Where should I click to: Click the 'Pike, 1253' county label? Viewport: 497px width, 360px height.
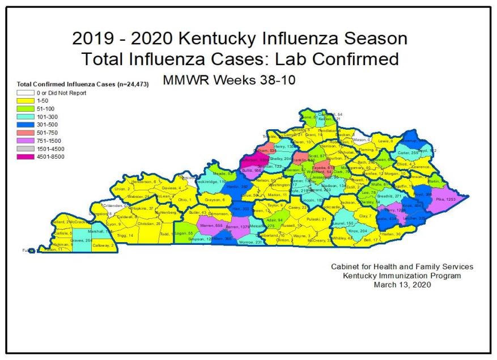click(x=445, y=200)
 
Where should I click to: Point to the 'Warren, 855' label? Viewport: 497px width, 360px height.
click(x=211, y=225)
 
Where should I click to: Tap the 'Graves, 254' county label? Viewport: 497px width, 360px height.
click(x=81, y=240)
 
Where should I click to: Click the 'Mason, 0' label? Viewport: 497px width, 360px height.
click(x=361, y=139)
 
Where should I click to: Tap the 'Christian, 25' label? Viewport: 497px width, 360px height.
click(x=149, y=224)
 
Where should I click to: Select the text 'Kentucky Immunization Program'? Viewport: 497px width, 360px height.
click(x=402, y=276)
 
